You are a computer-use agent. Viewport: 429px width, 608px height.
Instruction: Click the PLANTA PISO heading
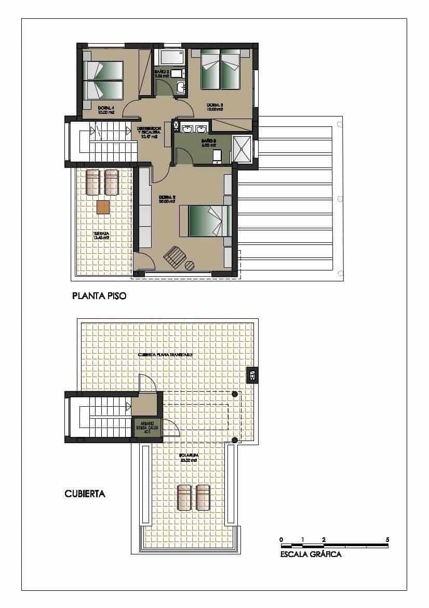(x=99, y=297)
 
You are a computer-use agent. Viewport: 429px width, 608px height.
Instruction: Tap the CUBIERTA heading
(x=85, y=494)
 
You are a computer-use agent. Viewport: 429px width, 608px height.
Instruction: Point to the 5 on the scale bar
(x=387, y=539)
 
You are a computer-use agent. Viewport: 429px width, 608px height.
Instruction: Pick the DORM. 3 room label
(x=214, y=108)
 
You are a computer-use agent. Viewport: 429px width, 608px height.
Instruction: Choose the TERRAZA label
(x=101, y=235)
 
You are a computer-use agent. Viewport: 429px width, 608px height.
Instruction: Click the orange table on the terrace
(x=103, y=207)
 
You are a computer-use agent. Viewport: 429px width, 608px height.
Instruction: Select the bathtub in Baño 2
(x=171, y=57)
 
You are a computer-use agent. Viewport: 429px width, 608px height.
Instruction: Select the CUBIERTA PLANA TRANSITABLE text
(x=166, y=355)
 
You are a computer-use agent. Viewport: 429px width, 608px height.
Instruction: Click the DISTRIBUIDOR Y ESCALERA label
(x=149, y=132)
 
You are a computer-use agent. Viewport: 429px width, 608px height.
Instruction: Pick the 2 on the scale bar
(x=324, y=539)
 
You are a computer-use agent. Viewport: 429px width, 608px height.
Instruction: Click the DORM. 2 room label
(x=166, y=199)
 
